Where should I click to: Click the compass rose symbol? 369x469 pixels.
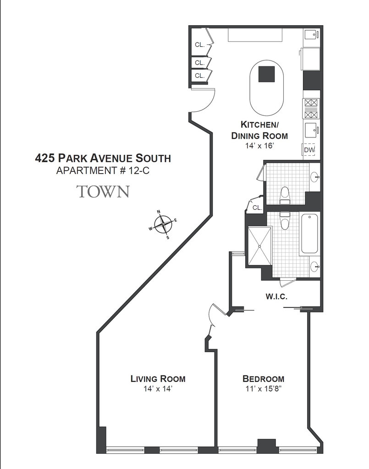pyautogui.click(x=163, y=224)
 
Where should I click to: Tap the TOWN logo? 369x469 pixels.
pyautogui.click(x=103, y=191)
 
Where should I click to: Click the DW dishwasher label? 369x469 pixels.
pyautogui.click(x=309, y=150)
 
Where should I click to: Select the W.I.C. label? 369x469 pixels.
pyautogui.click(x=276, y=297)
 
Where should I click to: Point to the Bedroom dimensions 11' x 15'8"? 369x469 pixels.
pyautogui.click(x=264, y=389)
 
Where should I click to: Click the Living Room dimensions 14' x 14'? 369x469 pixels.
pyautogui.click(x=158, y=389)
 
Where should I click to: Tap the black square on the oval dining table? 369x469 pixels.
pyautogui.click(x=266, y=74)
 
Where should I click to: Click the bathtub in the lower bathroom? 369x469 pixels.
pyautogui.click(x=309, y=234)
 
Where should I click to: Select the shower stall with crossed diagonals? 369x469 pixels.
pyautogui.click(x=259, y=246)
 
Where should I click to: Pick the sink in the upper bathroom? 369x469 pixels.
pyautogui.click(x=315, y=177)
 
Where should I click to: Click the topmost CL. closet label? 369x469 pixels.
pyautogui.click(x=199, y=45)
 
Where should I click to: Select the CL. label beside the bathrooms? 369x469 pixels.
pyautogui.click(x=257, y=207)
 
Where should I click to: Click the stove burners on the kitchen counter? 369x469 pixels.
pyautogui.click(x=311, y=109)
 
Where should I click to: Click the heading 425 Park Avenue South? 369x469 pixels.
pyautogui.click(x=103, y=158)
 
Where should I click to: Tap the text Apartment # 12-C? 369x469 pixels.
pyautogui.click(x=103, y=171)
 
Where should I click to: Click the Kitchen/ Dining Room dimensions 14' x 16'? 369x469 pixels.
pyautogui.click(x=259, y=146)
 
